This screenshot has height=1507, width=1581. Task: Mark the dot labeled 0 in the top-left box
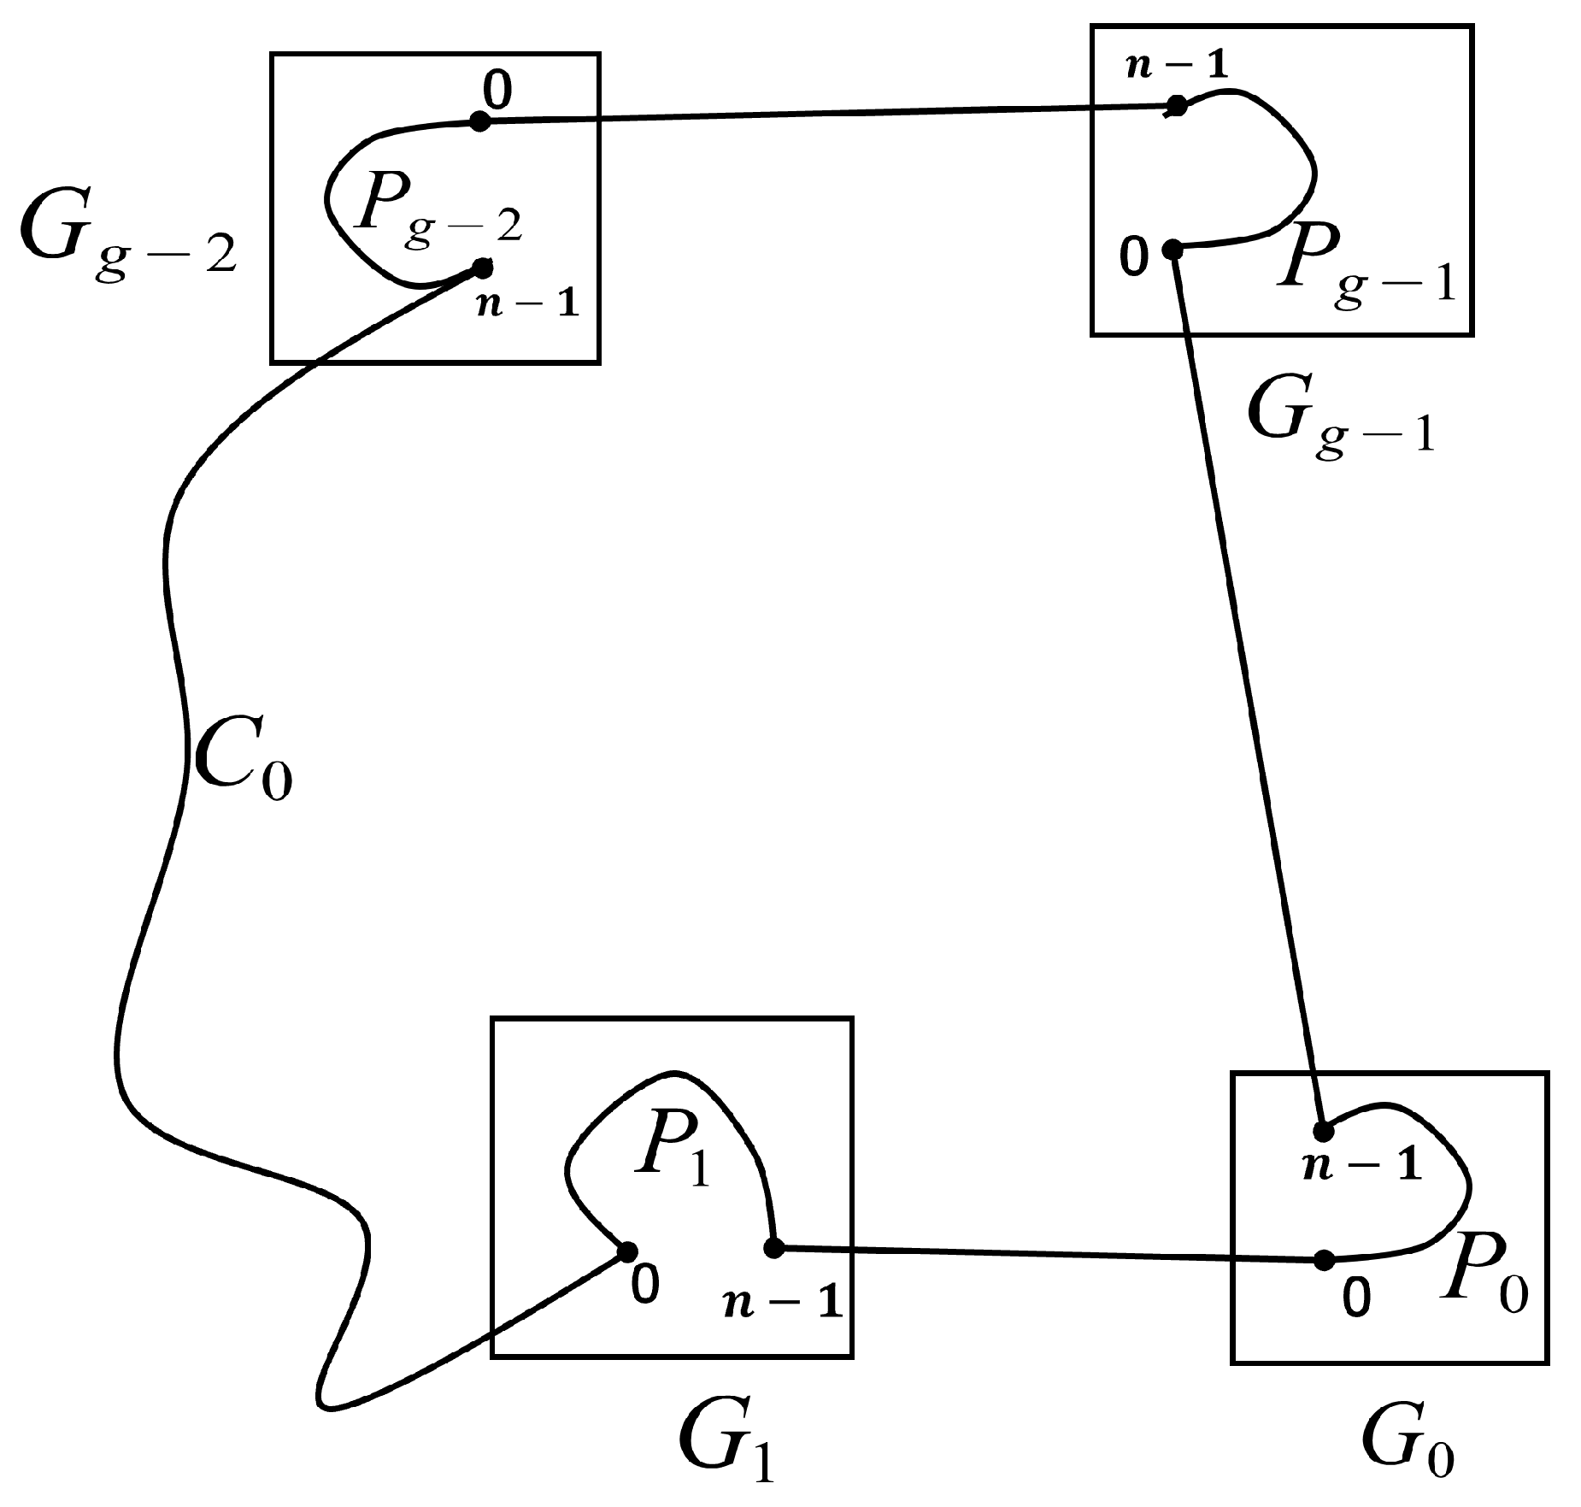(x=480, y=122)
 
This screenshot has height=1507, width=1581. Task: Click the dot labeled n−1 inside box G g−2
(x=482, y=268)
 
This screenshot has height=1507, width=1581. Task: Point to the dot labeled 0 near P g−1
(x=1173, y=250)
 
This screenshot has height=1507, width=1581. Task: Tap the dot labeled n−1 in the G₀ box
(x=1323, y=1131)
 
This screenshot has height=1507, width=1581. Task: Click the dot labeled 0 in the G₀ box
(x=1324, y=1260)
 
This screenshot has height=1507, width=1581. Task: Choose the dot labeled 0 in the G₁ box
(x=626, y=1252)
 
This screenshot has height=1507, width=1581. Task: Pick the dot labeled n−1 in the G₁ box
(x=773, y=1248)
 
